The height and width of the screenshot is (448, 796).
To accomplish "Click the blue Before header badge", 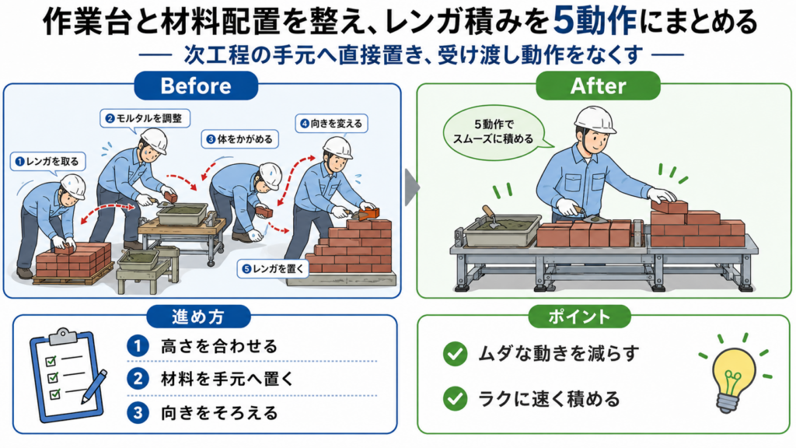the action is pyautogui.click(x=196, y=86).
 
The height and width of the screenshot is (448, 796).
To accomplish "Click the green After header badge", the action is pyautogui.click(x=598, y=86).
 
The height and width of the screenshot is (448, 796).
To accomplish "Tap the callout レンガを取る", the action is pyautogui.click(x=47, y=162).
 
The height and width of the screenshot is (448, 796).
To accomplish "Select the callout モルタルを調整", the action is pyautogui.click(x=144, y=118).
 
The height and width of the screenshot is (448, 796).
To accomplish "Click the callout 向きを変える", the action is pyautogui.click(x=331, y=124).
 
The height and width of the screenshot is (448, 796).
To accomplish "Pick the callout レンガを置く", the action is pyautogui.click(x=274, y=268).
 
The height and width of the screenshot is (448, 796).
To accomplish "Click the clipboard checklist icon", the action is pyautogui.click(x=68, y=375).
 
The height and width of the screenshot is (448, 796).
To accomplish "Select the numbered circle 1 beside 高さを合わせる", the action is pyautogui.click(x=138, y=346).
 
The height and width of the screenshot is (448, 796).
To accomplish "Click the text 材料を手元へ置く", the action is pyautogui.click(x=227, y=380).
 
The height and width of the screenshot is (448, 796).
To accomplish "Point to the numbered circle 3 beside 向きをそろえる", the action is pyautogui.click(x=138, y=413).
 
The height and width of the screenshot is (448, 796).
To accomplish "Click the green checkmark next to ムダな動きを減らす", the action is pyautogui.click(x=455, y=354).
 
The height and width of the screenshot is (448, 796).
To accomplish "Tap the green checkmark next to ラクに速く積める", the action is pyautogui.click(x=455, y=399).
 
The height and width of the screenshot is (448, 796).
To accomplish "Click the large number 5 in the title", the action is pyautogui.click(x=564, y=21).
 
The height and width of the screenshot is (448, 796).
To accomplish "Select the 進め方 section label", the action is pyautogui.click(x=198, y=317).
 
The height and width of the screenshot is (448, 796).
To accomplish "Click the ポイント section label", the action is pyautogui.click(x=579, y=317).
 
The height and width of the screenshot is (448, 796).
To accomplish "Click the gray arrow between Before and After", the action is pyautogui.click(x=412, y=187).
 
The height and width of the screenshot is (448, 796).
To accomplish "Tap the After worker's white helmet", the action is pyautogui.click(x=595, y=119).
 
